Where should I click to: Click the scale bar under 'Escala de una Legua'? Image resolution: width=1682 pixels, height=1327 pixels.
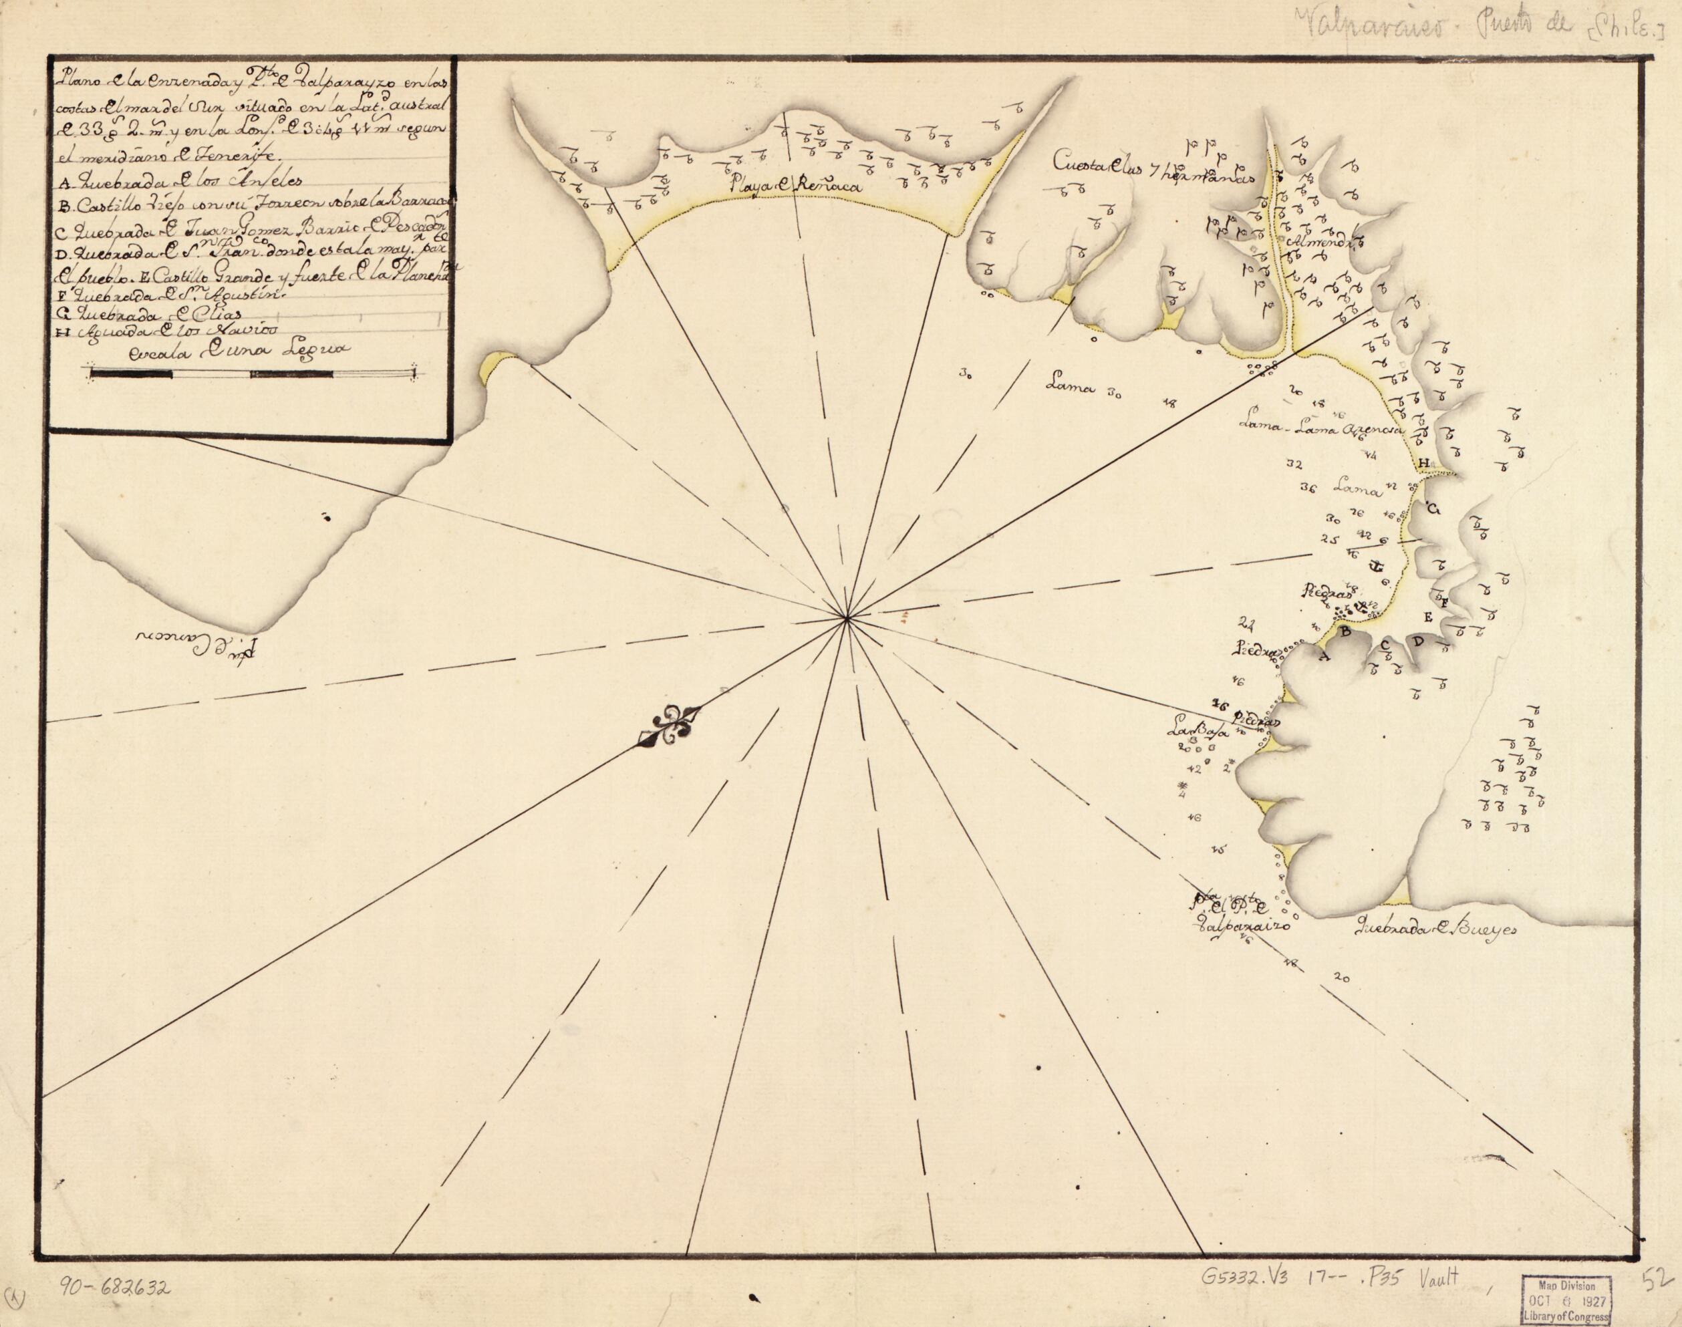coord(253,374)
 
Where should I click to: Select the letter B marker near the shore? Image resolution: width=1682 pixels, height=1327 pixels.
coord(1347,631)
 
